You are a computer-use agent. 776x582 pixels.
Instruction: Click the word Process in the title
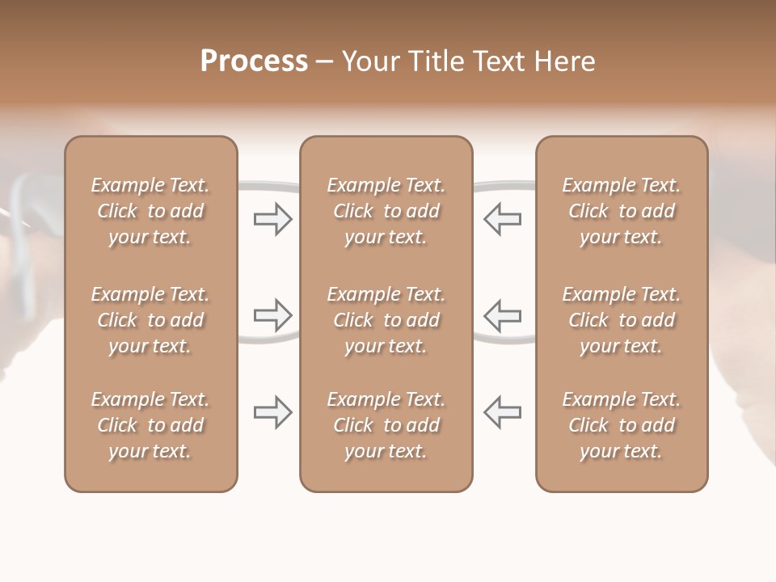254,61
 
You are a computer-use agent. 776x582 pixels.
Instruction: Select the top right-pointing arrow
272,219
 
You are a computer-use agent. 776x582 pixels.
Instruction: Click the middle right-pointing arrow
272,315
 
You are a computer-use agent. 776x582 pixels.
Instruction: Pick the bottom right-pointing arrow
272,412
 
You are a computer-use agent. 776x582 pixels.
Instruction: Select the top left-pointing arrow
502,219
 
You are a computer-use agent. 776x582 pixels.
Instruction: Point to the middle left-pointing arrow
502,315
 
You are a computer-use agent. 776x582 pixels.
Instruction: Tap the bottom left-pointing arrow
502,412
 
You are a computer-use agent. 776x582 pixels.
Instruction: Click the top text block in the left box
150,211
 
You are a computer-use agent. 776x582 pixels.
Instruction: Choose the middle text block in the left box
150,320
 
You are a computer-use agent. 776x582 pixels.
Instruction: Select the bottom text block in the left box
150,425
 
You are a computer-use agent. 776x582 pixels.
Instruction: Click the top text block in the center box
386,211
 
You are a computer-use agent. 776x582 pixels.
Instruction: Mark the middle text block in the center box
386,320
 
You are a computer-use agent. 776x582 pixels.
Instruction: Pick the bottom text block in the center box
386,425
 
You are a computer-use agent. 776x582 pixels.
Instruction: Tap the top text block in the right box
622,211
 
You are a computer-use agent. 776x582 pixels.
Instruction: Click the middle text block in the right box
622,320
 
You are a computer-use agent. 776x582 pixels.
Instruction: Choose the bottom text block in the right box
622,425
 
